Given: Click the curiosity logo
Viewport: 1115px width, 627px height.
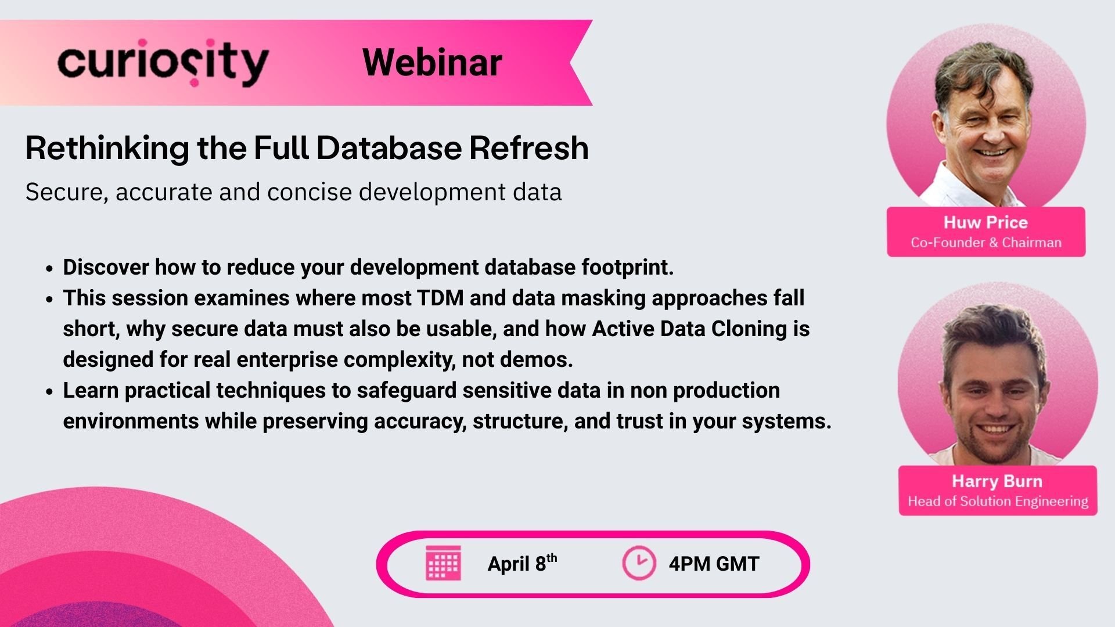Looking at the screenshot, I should click(163, 63).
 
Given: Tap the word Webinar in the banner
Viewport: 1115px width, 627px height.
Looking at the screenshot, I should click(432, 63).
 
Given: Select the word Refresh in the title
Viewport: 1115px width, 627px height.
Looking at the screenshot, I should click(528, 148).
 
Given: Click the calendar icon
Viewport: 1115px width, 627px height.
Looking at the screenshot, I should click(443, 563).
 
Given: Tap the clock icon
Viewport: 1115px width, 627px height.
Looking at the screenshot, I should click(639, 563).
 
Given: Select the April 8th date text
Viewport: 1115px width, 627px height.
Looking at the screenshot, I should click(521, 563).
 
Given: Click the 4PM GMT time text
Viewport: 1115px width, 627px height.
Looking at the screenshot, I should click(714, 564).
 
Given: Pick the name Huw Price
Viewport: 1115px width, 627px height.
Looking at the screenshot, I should click(985, 222).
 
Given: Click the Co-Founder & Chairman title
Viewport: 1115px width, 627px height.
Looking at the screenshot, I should click(985, 243).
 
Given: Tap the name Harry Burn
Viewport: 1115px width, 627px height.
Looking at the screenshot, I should click(997, 481).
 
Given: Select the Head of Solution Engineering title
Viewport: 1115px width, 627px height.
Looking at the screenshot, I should click(998, 501).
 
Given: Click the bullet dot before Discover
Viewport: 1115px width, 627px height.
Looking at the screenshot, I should click(50, 269).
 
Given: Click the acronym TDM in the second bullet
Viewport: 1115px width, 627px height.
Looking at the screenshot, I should click(440, 298).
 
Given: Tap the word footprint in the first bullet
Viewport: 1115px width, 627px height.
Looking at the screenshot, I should click(627, 268).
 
